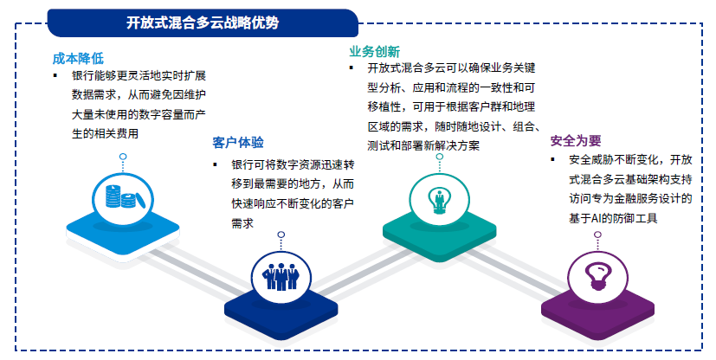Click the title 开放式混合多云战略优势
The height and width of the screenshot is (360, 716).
click(203, 22)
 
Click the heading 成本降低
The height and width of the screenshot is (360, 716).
click(78, 58)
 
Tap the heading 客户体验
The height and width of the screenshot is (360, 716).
click(238, 143)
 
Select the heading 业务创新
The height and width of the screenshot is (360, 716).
click(374, 51)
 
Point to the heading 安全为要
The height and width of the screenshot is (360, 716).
click(576, 140)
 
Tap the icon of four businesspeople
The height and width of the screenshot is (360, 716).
click(281, 277)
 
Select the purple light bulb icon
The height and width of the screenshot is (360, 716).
click(597, 275)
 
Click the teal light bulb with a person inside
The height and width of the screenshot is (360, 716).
click(439, 200)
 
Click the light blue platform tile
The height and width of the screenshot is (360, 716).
click(123, 231)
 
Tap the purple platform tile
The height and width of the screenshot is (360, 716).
click(597, 311)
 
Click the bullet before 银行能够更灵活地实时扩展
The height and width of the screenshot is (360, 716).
click(55, 75)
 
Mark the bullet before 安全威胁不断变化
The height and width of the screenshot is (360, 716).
click(553, 160)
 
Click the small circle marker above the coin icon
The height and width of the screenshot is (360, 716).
click(123, 157)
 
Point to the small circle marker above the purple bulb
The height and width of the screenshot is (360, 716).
click(597, 235)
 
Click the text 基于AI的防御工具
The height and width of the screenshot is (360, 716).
click(613, 218)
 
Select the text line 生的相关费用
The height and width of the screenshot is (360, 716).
click(105, 133)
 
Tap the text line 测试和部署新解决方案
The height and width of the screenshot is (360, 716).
click(423, 145)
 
